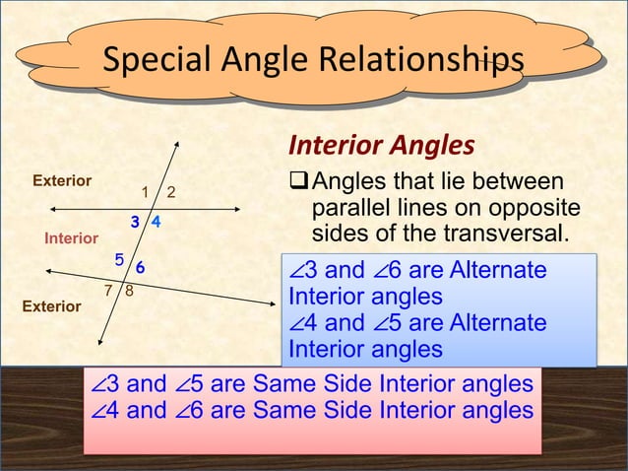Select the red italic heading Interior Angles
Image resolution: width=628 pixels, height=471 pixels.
tap(381, 146)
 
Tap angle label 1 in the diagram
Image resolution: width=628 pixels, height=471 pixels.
tap(145, 191)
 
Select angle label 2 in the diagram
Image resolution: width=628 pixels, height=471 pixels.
tap(169, 191)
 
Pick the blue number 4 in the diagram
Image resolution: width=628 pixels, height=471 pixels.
tap(157, 223)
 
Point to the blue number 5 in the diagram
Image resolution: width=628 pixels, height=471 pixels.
tap(119, 260)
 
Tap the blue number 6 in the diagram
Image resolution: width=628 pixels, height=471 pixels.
tap(141, 267)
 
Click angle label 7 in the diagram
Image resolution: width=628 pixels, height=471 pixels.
tap(109, 292)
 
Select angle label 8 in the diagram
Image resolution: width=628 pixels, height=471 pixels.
tap(130, 292)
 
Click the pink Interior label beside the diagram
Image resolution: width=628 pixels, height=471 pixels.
tap(71, 238)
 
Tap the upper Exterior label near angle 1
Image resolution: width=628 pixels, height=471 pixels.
tap(62, 181)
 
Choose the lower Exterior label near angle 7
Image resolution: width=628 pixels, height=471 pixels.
tap(51, 306)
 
